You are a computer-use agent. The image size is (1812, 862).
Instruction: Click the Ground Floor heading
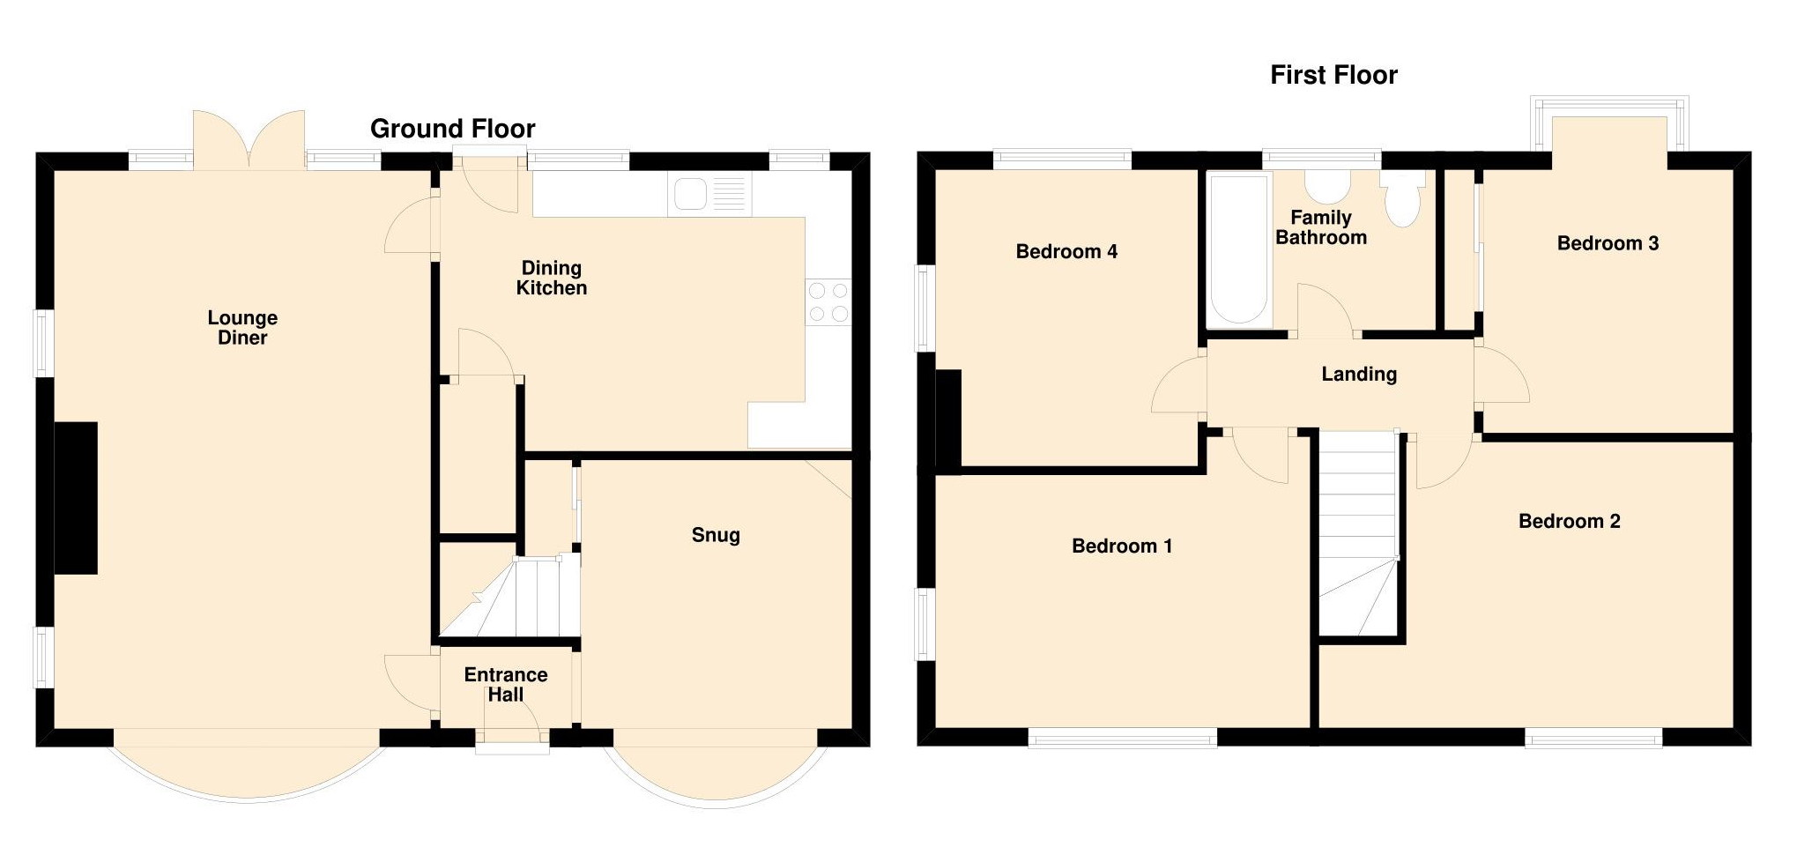point(452,129)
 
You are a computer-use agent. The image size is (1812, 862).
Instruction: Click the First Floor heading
point(1333,75)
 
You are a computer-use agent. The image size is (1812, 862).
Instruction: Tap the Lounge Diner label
point(242,327)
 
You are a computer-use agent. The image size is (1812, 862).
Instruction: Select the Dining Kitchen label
point(551,278)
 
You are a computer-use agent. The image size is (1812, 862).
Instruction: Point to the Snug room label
point(715,535)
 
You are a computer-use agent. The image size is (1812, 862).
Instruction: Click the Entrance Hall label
point(506,684)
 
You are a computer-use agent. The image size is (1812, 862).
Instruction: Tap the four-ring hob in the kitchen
point(828,301)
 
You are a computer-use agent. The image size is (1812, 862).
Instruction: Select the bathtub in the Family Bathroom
point(1238,249)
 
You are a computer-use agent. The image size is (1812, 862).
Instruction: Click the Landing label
point(1358,374)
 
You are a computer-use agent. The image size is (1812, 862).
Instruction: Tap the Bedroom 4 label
point(1066,252)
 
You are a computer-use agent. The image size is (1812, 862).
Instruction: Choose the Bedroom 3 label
point(1607,243)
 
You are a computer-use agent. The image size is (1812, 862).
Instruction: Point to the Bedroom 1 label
point(1121,546)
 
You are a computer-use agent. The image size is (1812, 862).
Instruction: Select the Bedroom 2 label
point(1569,521)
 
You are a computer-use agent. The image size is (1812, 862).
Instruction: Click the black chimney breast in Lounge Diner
point(76,498)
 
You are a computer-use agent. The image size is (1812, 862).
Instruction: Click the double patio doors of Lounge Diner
point(249,141)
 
